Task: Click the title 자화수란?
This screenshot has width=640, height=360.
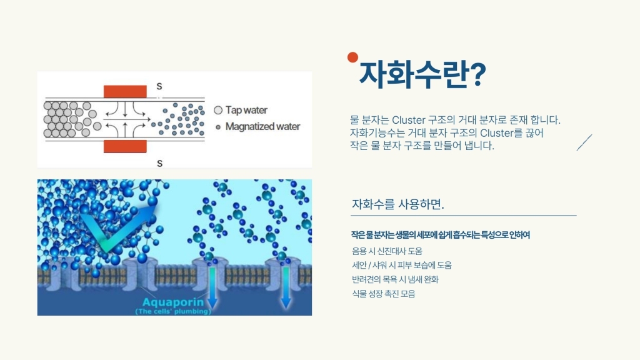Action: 422,75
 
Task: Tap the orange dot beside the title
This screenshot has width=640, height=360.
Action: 352,57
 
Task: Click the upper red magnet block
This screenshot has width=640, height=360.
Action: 125,91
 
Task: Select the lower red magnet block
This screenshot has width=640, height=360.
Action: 125,146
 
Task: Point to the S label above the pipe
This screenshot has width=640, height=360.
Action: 159,86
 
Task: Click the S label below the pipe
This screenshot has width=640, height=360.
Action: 159,163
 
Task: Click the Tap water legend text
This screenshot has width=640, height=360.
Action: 246,110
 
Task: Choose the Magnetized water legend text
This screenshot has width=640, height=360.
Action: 263,126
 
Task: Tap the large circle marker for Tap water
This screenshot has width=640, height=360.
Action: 218,110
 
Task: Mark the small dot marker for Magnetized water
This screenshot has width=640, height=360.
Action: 218,127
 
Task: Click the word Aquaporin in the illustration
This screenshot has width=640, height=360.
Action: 173,302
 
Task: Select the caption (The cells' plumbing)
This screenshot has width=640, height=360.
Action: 173,311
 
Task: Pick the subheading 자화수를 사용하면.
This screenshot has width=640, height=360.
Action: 398,204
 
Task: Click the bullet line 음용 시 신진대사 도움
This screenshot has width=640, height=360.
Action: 387,251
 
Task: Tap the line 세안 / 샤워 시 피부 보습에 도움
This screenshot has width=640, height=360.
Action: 402,265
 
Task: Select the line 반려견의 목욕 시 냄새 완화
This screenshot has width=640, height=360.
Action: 395,279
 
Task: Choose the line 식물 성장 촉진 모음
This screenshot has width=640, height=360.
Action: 384,294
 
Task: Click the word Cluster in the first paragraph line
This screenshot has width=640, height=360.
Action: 409,120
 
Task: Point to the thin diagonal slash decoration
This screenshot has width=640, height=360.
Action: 584,142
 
